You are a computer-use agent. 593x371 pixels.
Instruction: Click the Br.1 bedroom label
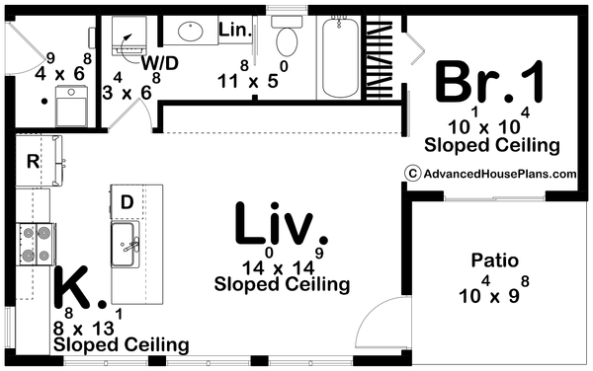(x=490, y=82)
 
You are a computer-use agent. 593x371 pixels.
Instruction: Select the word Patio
(x=495, y=260)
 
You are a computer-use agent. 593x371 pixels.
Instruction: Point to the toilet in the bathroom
(x=287, y=36)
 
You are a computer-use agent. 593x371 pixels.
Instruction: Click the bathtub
(x=340, y=57)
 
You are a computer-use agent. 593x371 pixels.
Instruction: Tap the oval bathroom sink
(x=191, y=31)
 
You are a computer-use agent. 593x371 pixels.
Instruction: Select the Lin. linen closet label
(x=235, y=30)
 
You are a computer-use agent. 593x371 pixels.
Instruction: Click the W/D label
(x=159, y=63)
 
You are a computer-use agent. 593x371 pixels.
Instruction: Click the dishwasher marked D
(x=127, y=202)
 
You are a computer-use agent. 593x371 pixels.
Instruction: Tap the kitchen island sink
(x=125, y=244)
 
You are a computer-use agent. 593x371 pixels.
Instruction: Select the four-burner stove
(x=36, y=244)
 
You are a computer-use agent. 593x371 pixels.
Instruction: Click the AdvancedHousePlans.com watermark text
(x=500, y=174)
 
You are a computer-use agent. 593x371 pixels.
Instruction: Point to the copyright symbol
(x=412, y=174)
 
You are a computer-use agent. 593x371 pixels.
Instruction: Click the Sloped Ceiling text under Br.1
(x=491, y=145)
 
